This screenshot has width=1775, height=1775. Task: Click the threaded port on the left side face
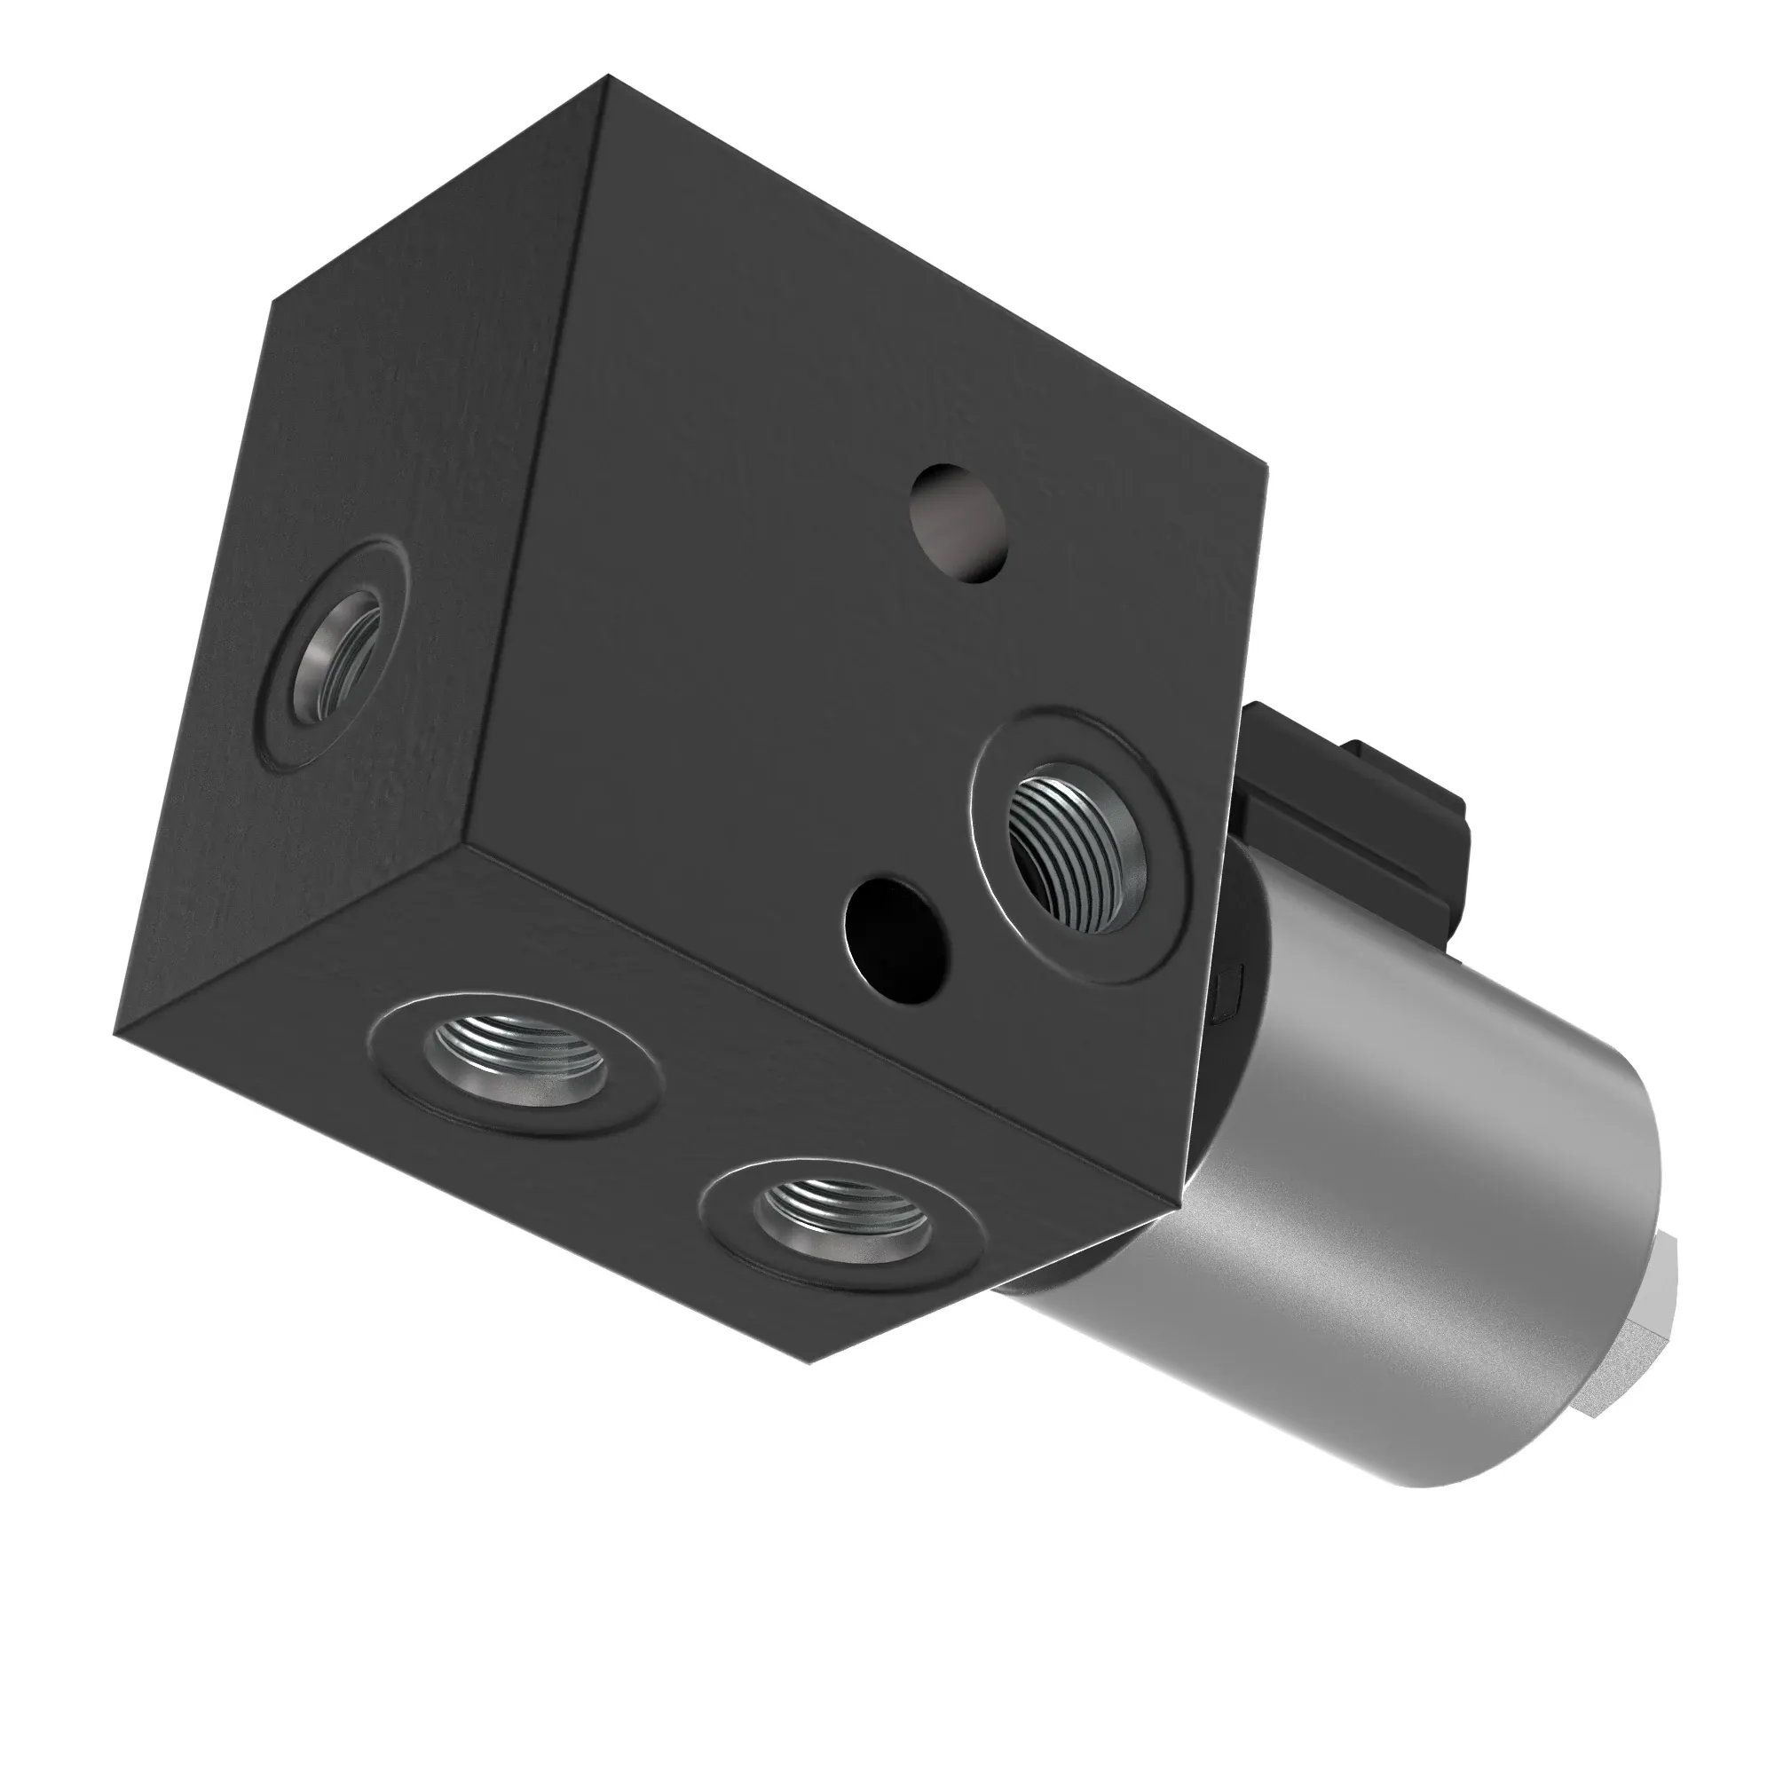coord(336,657)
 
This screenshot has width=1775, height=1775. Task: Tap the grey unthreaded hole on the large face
coord(959,524)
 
